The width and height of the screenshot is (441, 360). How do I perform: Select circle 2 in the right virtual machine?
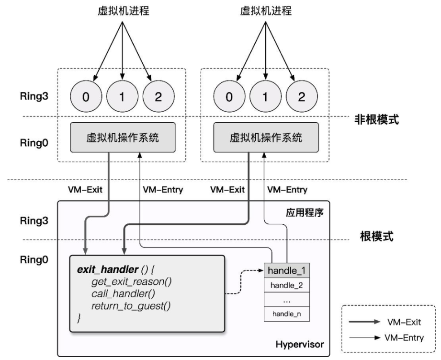click(x=301, y=97)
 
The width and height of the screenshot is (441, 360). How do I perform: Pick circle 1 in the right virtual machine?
click(x=265, y=97)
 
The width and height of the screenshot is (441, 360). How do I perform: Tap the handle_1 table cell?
click(x=285, y=271)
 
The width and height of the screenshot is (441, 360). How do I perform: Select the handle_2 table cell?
click(x=285, y=285)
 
